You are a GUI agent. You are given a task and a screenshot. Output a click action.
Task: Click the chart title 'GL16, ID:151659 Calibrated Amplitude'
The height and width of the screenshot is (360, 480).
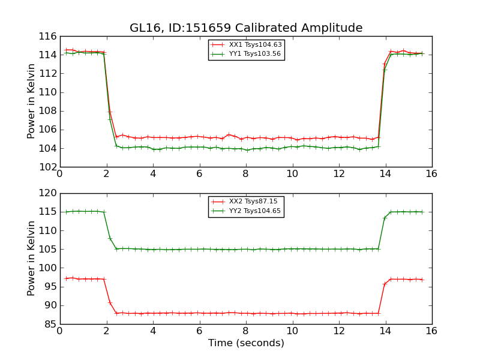tap(246, 28)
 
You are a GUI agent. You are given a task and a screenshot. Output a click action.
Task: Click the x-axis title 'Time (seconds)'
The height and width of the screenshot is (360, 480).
tap(246, 343)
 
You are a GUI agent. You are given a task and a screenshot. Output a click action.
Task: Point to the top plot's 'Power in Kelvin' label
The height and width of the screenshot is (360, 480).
tap(32, 101)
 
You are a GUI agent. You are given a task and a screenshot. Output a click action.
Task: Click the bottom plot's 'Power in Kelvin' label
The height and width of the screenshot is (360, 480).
tap(32, 259)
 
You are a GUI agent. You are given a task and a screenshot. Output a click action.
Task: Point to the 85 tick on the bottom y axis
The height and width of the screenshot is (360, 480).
tap(50, 324)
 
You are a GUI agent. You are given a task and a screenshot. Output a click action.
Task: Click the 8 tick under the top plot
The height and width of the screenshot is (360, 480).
tap(246, 174)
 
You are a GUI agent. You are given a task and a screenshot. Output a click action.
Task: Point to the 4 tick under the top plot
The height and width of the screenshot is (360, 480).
tap(153, 174)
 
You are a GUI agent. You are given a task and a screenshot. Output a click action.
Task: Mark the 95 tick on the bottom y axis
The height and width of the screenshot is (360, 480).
tap(50, 287)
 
